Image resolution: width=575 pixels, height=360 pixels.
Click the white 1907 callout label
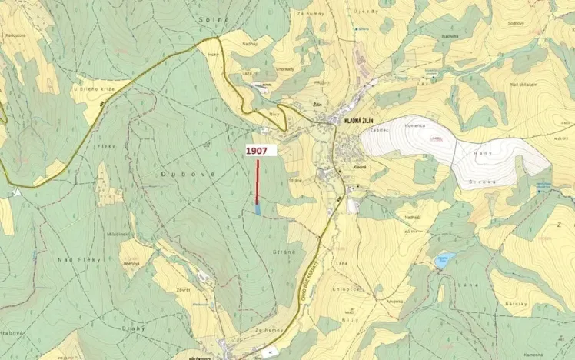(x=257, y=151)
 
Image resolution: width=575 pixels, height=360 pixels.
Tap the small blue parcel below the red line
(x=258, y=208)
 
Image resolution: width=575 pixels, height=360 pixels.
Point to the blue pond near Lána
(x=444, y=260)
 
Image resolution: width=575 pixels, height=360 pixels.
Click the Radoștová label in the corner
(x=15, y=35)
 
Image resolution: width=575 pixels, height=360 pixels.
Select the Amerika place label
(x=395, y=302)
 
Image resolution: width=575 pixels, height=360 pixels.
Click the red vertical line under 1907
(x=257, y=181)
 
